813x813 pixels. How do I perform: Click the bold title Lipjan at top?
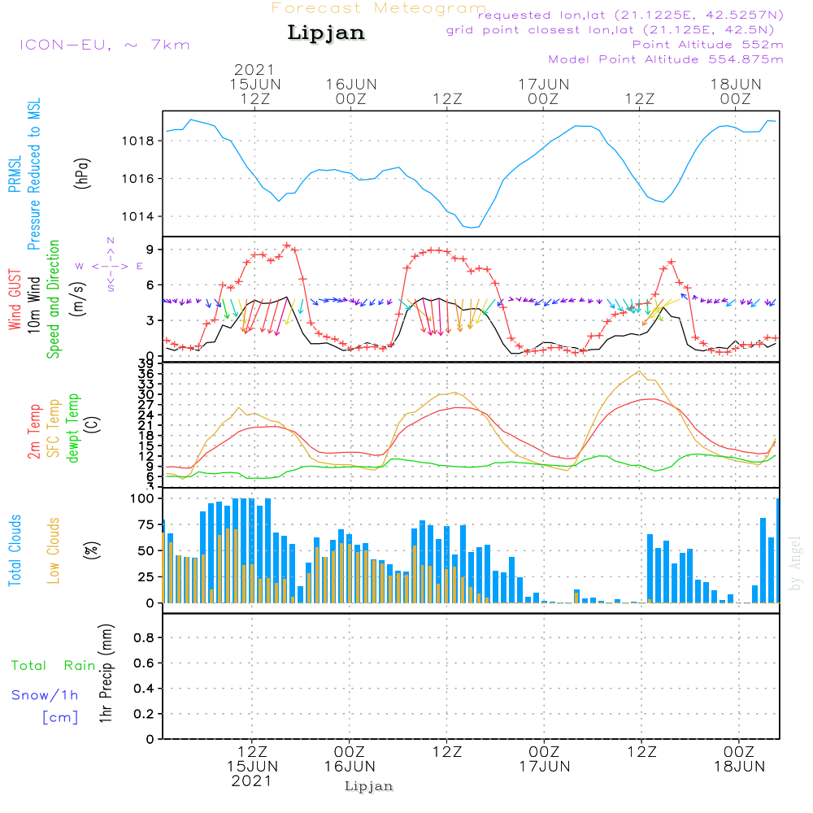coord(326,33)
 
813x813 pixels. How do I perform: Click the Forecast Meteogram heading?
coord(379,8)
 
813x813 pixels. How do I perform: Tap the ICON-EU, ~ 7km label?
coord(104,45)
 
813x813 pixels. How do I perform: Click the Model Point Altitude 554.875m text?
coord(666,59)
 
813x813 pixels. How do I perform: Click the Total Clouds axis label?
coord(14,550)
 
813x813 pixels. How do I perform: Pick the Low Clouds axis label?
coord(54,550)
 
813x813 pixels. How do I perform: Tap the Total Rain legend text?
coord(54,666)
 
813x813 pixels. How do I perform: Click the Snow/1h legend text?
coord(45,695)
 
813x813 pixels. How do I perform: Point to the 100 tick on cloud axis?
coord(142,498)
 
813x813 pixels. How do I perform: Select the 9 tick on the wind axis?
coord(150,250)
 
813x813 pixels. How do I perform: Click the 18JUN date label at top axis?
coord(735,84)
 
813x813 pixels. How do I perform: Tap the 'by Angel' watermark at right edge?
coord(796,563)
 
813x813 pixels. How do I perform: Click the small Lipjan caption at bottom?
coord(369,786)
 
